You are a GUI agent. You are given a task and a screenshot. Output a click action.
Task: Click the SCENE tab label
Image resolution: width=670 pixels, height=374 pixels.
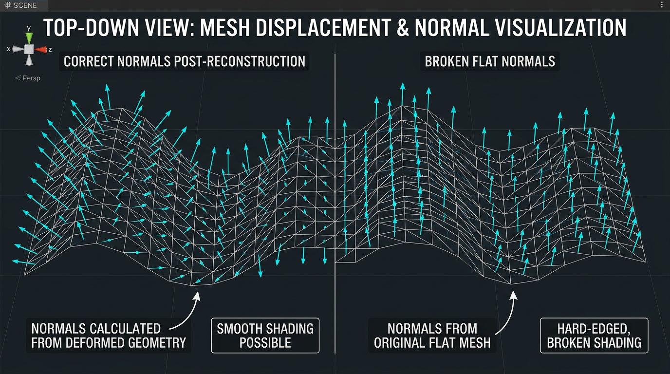coord(24,5)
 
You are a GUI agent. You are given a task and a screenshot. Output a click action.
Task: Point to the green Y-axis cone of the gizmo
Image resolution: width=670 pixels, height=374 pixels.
coord(29,37)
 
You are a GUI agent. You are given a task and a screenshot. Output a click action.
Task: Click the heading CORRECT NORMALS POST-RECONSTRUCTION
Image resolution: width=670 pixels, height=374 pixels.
coord(185,61)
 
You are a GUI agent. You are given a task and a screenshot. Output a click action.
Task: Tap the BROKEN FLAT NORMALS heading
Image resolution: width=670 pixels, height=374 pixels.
coord(490,61)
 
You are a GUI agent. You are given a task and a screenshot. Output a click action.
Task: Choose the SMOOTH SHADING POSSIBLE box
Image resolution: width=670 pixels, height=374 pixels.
coord(265,336)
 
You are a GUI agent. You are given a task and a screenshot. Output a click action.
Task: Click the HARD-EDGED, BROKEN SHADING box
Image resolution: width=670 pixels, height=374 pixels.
coord(594,336)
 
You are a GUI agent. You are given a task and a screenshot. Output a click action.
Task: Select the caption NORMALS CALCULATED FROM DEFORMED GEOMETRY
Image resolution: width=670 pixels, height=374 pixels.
coord(108,336)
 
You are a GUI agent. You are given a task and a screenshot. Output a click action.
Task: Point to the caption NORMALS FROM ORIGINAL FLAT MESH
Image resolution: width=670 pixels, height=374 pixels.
coord(432,336)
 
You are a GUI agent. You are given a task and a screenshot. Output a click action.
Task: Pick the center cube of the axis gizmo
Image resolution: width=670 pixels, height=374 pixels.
coord(29,49)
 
